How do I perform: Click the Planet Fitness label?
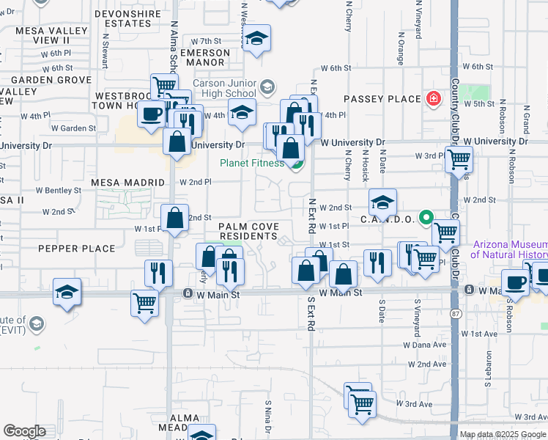(253, 163)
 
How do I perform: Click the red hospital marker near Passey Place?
(434, 98)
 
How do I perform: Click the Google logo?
(25, 431)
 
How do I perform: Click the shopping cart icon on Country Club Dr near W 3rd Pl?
(459, 158)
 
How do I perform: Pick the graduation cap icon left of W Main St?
(67, 292)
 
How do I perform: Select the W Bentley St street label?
(54, 190)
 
